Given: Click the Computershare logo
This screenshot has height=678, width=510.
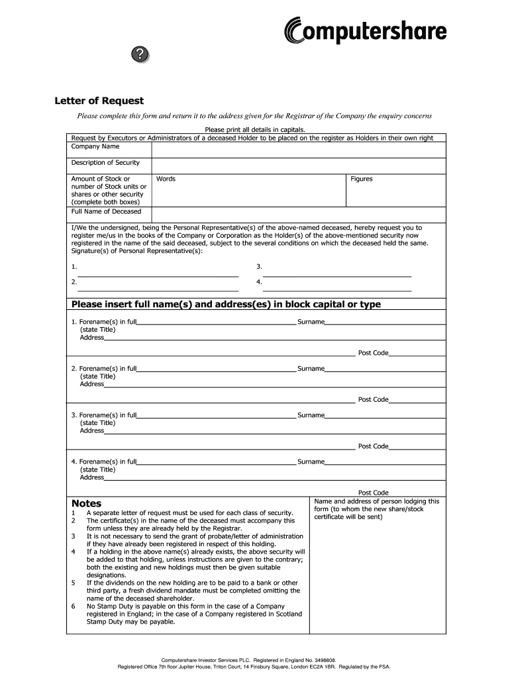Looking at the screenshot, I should pos(365,30).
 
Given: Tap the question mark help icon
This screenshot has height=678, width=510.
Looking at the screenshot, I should pos(139,56).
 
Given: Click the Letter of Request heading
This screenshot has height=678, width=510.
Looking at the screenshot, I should pos(99,101).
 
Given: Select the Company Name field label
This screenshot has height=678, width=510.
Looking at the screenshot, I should pos(95,146).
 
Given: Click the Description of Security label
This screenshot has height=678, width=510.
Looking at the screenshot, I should pos(105,163).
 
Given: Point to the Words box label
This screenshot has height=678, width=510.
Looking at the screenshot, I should pos(166,179).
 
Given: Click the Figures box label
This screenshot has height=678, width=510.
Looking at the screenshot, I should pos(362,179).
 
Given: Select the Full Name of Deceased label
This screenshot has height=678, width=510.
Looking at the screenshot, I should pos(106,212).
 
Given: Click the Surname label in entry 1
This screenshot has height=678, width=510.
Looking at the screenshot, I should pos(311,322).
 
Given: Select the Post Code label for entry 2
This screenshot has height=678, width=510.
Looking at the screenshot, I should pos(373,400).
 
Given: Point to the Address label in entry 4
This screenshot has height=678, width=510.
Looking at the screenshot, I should pos(92,477).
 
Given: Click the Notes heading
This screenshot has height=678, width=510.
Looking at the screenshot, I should pos(86,504).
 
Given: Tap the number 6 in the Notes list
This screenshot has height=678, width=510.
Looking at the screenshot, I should pos(73,606).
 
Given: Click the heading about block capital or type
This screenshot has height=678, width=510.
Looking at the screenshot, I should pos(226,305).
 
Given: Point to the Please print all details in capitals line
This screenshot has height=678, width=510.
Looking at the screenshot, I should pos(255,130).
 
